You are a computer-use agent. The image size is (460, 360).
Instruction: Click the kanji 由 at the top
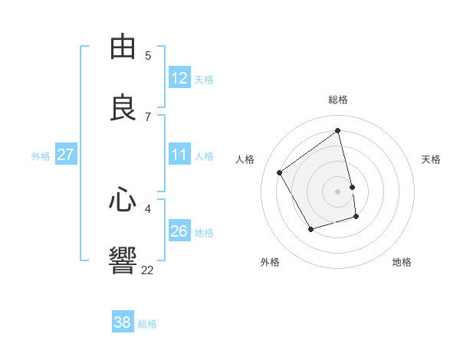click(123, 47)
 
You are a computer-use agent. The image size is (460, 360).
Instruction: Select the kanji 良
click(123, 108)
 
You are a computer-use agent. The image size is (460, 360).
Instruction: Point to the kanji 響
click(123, 261)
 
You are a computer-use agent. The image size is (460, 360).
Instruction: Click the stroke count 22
click(147, 270)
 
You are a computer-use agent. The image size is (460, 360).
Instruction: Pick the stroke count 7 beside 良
click(148, 116)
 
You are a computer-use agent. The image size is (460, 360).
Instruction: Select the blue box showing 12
click(179, 78)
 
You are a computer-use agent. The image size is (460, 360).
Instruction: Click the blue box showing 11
click(179, 155)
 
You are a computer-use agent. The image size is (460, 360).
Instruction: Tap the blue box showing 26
click(179, 231)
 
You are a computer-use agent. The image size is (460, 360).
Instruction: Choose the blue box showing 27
click(65, 155)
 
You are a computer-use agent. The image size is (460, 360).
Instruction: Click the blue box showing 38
click(123, 322)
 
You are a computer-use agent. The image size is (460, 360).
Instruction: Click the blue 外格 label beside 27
click(41, 155)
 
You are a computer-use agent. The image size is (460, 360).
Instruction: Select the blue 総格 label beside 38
click(147, 324)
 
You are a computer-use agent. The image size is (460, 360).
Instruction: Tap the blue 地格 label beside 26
click(204, 232)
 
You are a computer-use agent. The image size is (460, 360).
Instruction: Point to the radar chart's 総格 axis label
click(338, 99)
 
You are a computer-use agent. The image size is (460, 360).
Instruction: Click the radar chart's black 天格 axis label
click(431, 159)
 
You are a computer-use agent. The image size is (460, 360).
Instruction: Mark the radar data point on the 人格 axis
click(280, 172)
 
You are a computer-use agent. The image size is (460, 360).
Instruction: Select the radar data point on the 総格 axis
click(338, 131)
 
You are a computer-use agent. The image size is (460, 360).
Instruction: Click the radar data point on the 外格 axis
click(310, 229)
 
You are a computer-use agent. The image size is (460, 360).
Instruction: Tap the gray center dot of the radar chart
click(338, 191)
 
